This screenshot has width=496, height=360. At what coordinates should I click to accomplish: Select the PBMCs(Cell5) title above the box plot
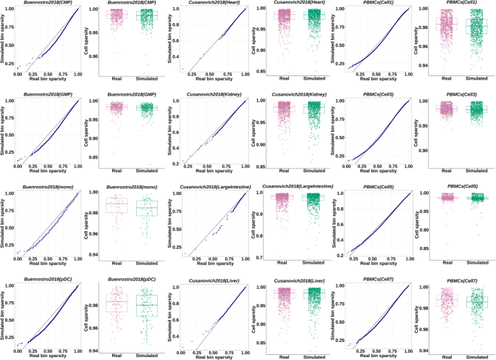pyautogui.click(x=457, y=187)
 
